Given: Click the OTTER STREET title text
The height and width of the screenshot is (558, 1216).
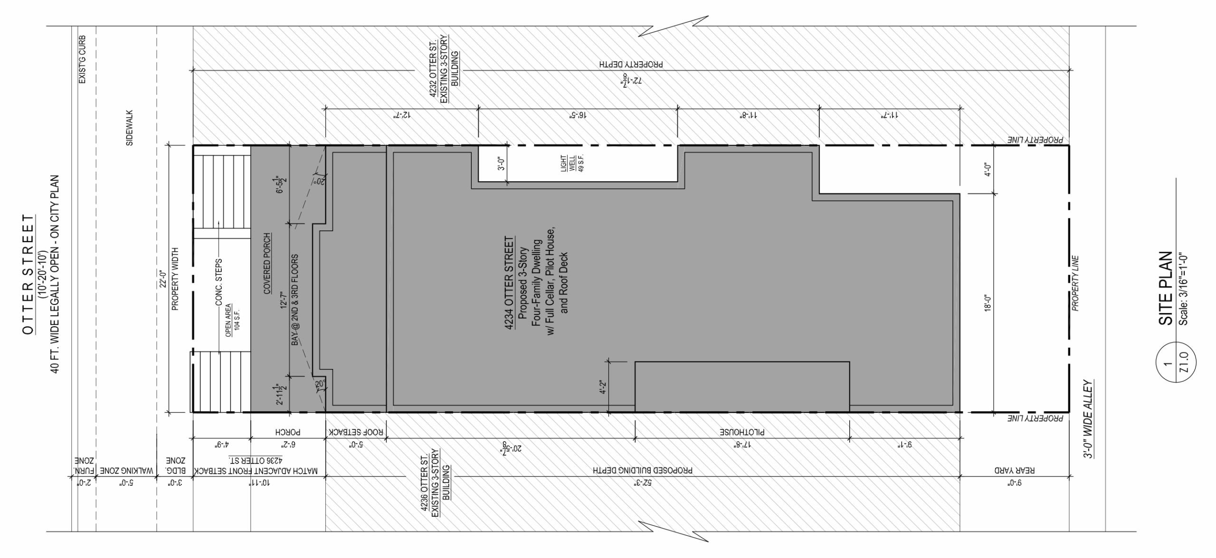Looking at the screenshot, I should [28, 274].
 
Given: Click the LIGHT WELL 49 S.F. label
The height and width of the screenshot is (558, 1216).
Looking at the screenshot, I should [572, 163].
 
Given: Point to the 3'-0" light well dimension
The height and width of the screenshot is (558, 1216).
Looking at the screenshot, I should [500, 163].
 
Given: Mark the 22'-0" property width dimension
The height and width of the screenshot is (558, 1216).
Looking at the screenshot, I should [163, 279].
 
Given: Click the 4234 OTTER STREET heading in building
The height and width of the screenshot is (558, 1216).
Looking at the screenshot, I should [510, 283].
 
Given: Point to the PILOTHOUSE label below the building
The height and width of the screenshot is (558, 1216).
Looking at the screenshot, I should [741, 433].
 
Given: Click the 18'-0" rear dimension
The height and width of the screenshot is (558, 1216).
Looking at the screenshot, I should [988, 303].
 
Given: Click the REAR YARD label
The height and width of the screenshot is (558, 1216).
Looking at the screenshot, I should [1015, 470].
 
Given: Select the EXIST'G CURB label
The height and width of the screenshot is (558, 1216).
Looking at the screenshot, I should [82, 60].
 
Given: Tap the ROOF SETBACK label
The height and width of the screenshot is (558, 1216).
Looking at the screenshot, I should [356, 433].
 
